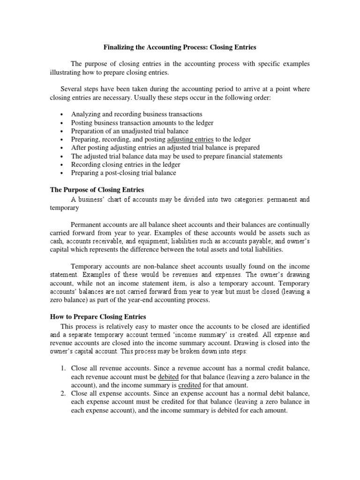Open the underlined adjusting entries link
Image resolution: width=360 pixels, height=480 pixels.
pos(191,139)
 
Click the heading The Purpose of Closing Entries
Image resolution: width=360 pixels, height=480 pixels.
pos(97,190)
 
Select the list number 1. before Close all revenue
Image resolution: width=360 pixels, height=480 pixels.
pos(64,368)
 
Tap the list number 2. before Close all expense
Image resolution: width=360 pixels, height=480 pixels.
pos(64,393)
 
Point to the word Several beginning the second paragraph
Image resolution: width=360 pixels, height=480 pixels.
pos(73,89)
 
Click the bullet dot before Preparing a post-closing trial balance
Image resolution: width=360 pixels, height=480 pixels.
pos(62,173)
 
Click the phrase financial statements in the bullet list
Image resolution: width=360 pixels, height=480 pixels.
pos(258,156)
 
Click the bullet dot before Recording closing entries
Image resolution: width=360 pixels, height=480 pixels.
pos(62,165)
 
